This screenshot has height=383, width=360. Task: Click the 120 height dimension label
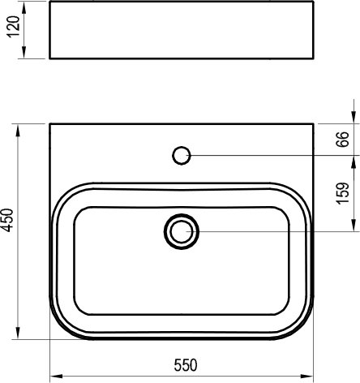tap(14, 27)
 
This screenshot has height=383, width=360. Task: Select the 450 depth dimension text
tap(7, 220)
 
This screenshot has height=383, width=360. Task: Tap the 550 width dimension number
tap(186, 365)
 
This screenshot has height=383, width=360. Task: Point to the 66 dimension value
tap(342, 139)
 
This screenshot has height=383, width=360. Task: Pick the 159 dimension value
tap(342, 193)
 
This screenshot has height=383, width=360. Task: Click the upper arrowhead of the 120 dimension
tap(24, 7)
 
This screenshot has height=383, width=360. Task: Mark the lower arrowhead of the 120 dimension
tap(24, 52)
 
